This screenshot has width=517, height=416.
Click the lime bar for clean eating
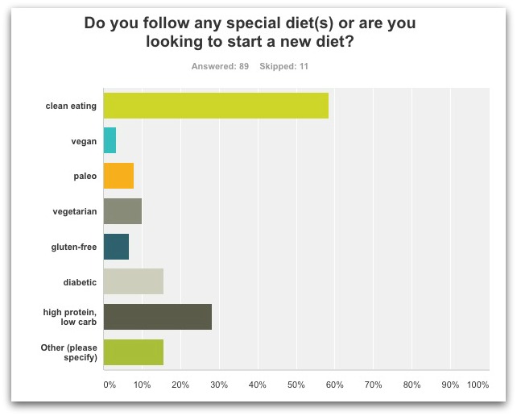pos(216,106)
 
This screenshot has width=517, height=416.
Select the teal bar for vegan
pos(110,141)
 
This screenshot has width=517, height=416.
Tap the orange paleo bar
pos(118,176)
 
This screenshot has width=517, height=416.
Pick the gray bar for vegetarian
pos(122,211)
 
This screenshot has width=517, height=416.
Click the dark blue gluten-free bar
pos(116,247)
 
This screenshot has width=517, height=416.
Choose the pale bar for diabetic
pos(134,281)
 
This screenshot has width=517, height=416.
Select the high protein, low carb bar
pos(158,317)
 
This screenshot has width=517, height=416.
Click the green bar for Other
pos(134,352)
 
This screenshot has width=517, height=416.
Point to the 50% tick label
pos(296,385)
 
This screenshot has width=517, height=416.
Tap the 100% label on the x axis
pos(478,385)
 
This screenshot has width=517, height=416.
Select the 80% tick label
pos(412,385)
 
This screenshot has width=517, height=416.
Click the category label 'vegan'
pos(84,141)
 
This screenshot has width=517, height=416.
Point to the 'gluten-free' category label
pos(73,247)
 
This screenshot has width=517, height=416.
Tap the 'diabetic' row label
pos(79,282)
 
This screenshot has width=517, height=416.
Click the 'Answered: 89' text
pos(220,66)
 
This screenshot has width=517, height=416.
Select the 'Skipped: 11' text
pos(283,66)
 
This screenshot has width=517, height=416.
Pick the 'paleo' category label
pos(84,177)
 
